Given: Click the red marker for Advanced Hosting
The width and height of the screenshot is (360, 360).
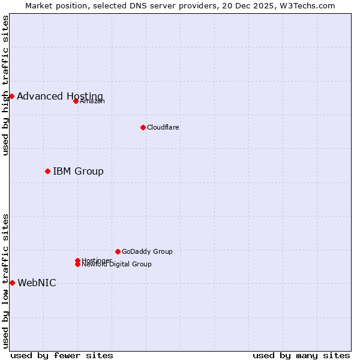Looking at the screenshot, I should [11, 96].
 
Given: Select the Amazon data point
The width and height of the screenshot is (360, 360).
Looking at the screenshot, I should [76, 101].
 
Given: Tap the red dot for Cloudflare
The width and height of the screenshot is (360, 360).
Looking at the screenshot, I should [143, 127].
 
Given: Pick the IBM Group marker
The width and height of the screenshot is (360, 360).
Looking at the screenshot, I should [47, 171].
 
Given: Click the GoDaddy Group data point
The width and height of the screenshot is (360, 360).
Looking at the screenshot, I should [118, 251].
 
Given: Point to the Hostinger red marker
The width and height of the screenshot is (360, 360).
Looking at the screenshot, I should [77, 260].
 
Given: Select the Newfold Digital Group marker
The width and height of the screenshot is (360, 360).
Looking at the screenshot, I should [77, 265].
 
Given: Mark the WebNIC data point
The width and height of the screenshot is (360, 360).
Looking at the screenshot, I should [12, 283].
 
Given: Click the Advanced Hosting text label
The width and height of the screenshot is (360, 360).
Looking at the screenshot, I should [60, 96].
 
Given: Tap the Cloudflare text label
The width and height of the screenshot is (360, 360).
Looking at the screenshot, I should [163, 127].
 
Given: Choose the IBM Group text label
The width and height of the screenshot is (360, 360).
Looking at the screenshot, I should [78, 171].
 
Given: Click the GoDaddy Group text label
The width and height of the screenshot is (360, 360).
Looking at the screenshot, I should [147, 251].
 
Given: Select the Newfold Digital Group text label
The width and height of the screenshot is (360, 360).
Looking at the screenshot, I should [117, 265].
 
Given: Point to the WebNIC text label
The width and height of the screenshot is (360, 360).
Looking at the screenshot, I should [37, 283].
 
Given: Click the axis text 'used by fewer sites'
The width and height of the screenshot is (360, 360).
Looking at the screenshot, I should [62, 355].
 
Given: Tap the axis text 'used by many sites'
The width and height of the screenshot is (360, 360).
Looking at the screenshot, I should [301, 355].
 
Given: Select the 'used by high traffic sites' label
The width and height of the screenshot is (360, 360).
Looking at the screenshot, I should [5, 85].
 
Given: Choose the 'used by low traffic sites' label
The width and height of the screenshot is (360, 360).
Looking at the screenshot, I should [5, 281].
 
